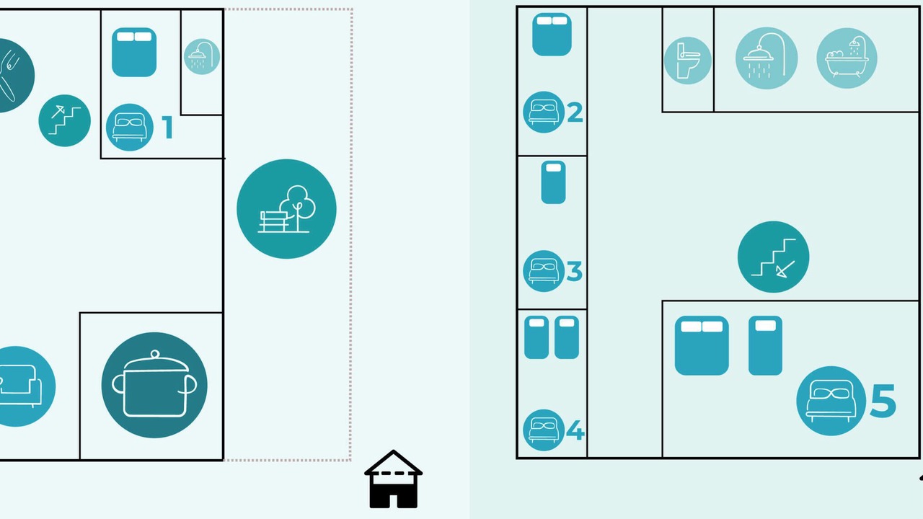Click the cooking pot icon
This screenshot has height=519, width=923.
(154, 385)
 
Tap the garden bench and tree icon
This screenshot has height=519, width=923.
(286, 209)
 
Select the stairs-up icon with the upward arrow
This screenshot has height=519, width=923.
(64, 120)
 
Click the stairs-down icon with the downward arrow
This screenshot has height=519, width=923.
(773, 257)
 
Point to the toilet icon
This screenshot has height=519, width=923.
(688, 61)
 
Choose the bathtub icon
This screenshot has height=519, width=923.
(847, 58)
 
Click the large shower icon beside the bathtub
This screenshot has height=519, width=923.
(767, 58)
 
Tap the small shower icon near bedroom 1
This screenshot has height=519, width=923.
(202, 56)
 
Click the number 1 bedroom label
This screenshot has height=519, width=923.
(167, 128)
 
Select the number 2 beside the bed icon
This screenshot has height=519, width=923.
(575, 112)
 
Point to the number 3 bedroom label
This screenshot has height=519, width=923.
(575, 271)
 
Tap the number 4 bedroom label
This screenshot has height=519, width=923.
(575, 430)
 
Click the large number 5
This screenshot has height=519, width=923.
(883, 400)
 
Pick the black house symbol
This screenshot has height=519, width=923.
(393, 479)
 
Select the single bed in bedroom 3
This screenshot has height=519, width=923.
(553, 182)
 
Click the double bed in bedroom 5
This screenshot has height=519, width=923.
(702, 345)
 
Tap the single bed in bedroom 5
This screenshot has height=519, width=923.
(765, 345)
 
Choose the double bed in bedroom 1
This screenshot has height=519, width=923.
(134, 53)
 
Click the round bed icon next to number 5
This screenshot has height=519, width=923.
(831, 401)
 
